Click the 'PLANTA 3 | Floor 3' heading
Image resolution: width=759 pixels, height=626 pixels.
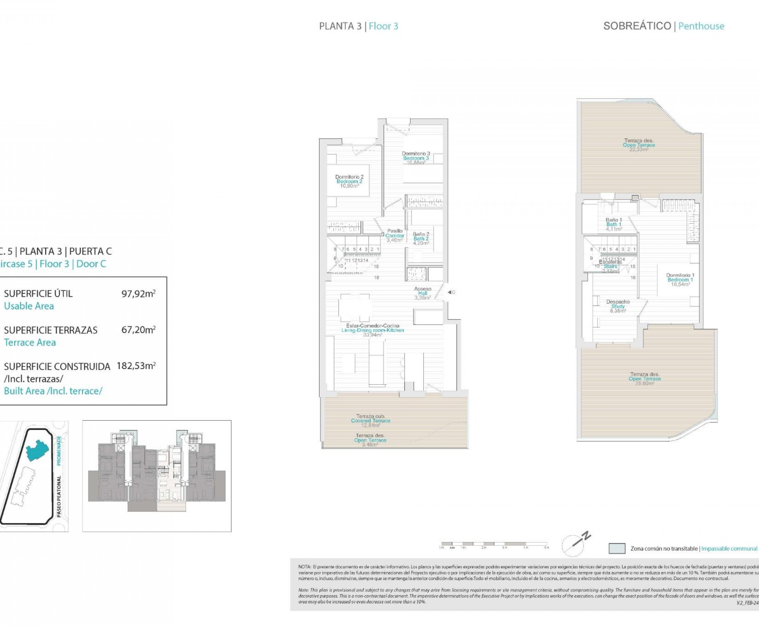[x=358, y=26]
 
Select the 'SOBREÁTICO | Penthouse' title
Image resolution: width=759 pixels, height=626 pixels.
[x=663, y=26]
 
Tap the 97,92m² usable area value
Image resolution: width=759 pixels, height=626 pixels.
[x=138, y=294]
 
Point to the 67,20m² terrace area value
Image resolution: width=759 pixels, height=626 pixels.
[x=138, y=330]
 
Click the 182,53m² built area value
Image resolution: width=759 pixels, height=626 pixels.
[x=136, y=366]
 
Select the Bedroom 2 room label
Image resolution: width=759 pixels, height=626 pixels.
[x=349, y=182]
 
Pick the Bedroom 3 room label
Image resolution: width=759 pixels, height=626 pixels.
[x=416, y=158]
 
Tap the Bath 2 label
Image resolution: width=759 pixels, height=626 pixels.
[x=421, y=238]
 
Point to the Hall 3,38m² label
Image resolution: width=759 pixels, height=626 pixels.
[x=422, y=293]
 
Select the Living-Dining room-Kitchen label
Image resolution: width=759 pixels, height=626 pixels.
[x=373, y=330]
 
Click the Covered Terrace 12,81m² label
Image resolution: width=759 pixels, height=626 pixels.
[x=370, y=420]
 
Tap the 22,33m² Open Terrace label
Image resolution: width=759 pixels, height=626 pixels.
[x=638, y=145]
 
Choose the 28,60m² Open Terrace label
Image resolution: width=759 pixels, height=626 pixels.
[x=644, y=379]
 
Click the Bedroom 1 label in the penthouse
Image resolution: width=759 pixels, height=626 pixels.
[x=680, y=279]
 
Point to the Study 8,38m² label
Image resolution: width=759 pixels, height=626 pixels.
[x=618, y=306]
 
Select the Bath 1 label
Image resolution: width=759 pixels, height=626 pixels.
[x=614, y=224]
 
